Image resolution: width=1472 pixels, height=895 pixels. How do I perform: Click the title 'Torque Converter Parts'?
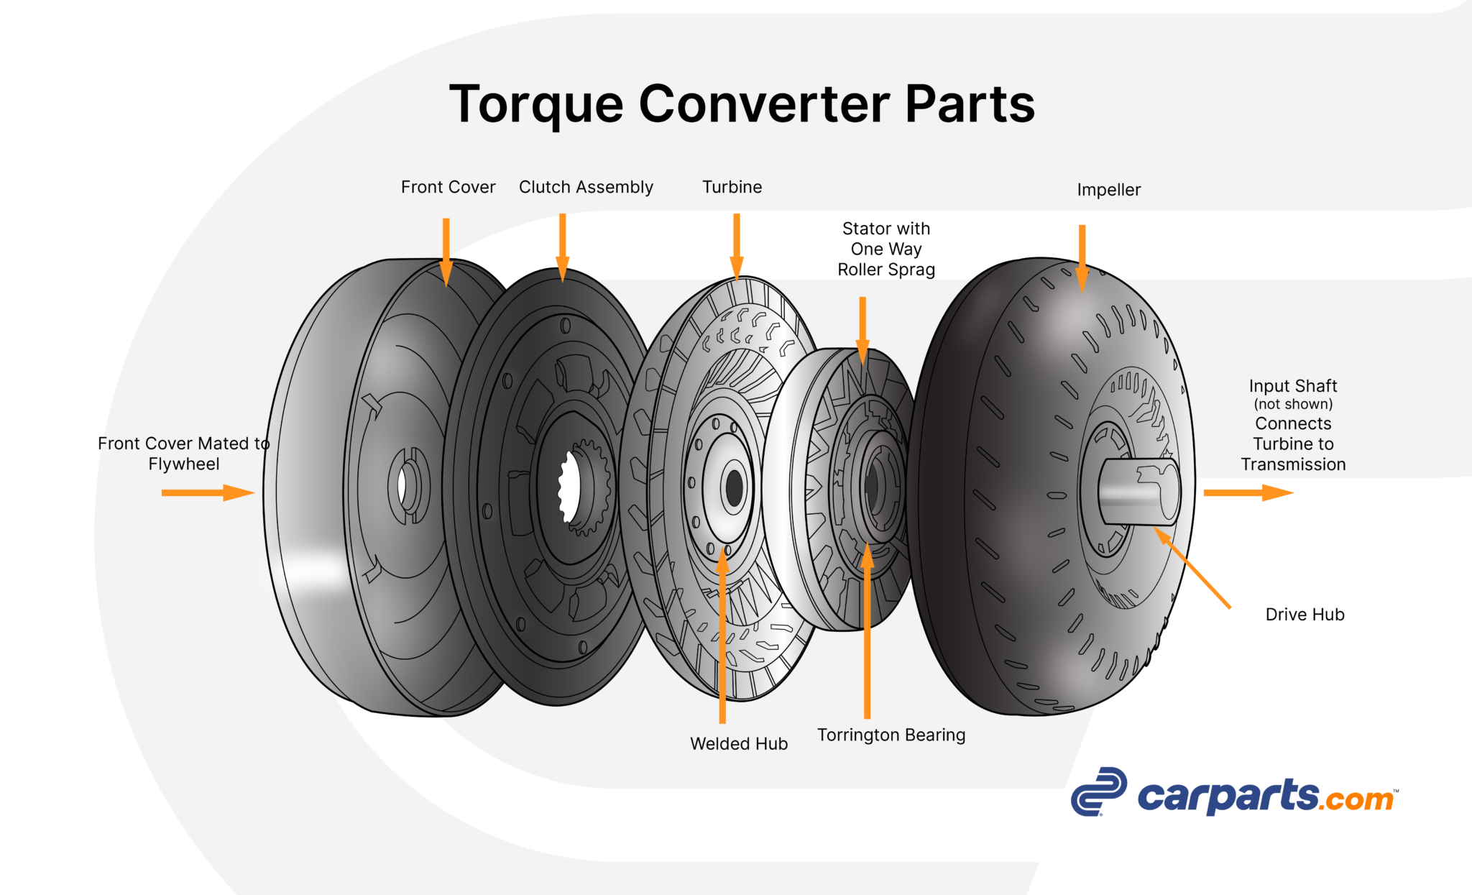(x=742, y=104)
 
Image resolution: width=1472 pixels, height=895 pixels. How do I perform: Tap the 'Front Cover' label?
(x=448, y=187)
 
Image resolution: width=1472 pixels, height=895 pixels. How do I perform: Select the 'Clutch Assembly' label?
(x=586, y=187)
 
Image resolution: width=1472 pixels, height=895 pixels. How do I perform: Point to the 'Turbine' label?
(x=732, y=187)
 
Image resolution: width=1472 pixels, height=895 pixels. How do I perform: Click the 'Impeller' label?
(x=1108, y=190)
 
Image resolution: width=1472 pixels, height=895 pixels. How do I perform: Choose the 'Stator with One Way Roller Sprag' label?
(x=886, y=249)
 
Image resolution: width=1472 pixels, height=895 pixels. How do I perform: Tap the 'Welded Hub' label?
(x=739, y=743)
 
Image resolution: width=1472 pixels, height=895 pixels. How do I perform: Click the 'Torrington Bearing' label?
(x=891, y=735)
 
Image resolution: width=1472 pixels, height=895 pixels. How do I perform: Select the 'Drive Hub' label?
(x=1305, y=615)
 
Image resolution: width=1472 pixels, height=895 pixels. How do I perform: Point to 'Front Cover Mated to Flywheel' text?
(x=184, y=453)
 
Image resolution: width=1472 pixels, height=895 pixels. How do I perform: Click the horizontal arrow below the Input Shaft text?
(x=1248, y=492)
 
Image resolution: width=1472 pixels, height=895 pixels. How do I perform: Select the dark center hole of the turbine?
(x=734, y=488)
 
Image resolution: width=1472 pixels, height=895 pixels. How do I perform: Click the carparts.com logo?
(x=1233, y=792)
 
